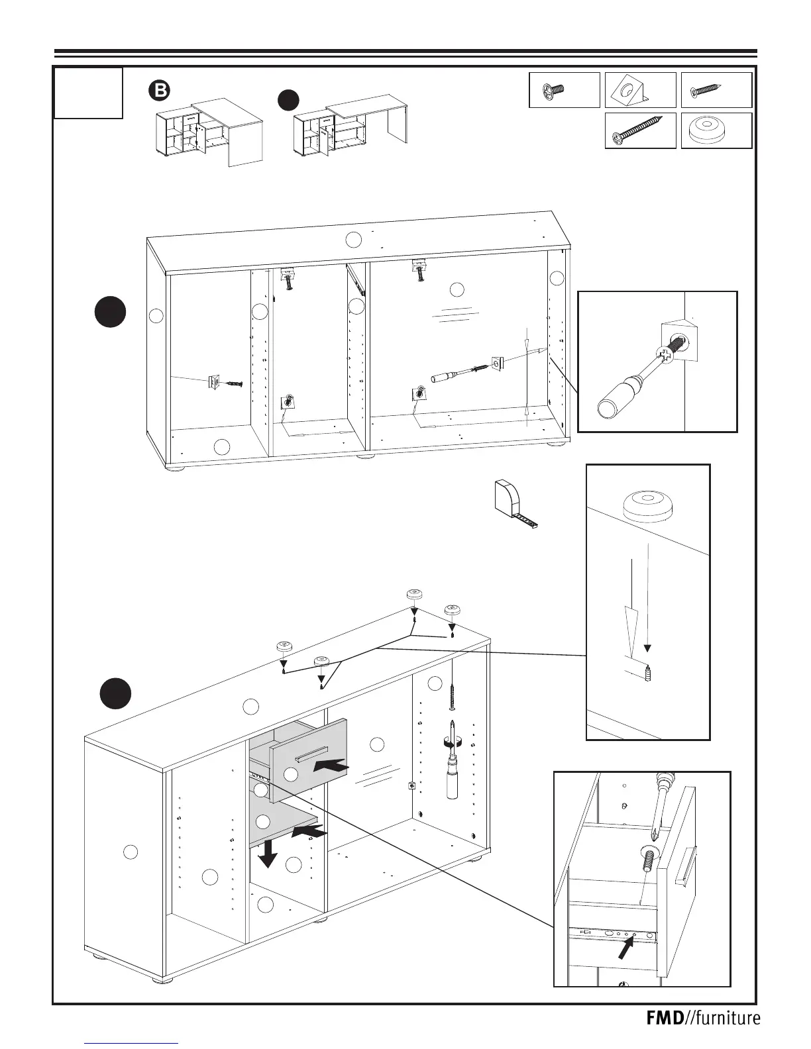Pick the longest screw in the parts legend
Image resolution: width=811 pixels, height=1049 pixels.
pyautogui.click(x=639, y=130)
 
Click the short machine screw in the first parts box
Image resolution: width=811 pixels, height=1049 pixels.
pyautogui.click(x=553, y=90)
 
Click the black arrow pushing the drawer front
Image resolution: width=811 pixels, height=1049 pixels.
pyautogui.click(x=331, y=766)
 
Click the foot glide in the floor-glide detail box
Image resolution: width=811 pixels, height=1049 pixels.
pyautogui.click(x=646, y=505)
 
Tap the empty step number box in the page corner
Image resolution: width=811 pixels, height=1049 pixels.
pyautogui.click(x=88, y=93)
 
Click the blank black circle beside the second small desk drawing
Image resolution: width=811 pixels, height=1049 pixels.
pyautogui.click(x=288, y=100)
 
